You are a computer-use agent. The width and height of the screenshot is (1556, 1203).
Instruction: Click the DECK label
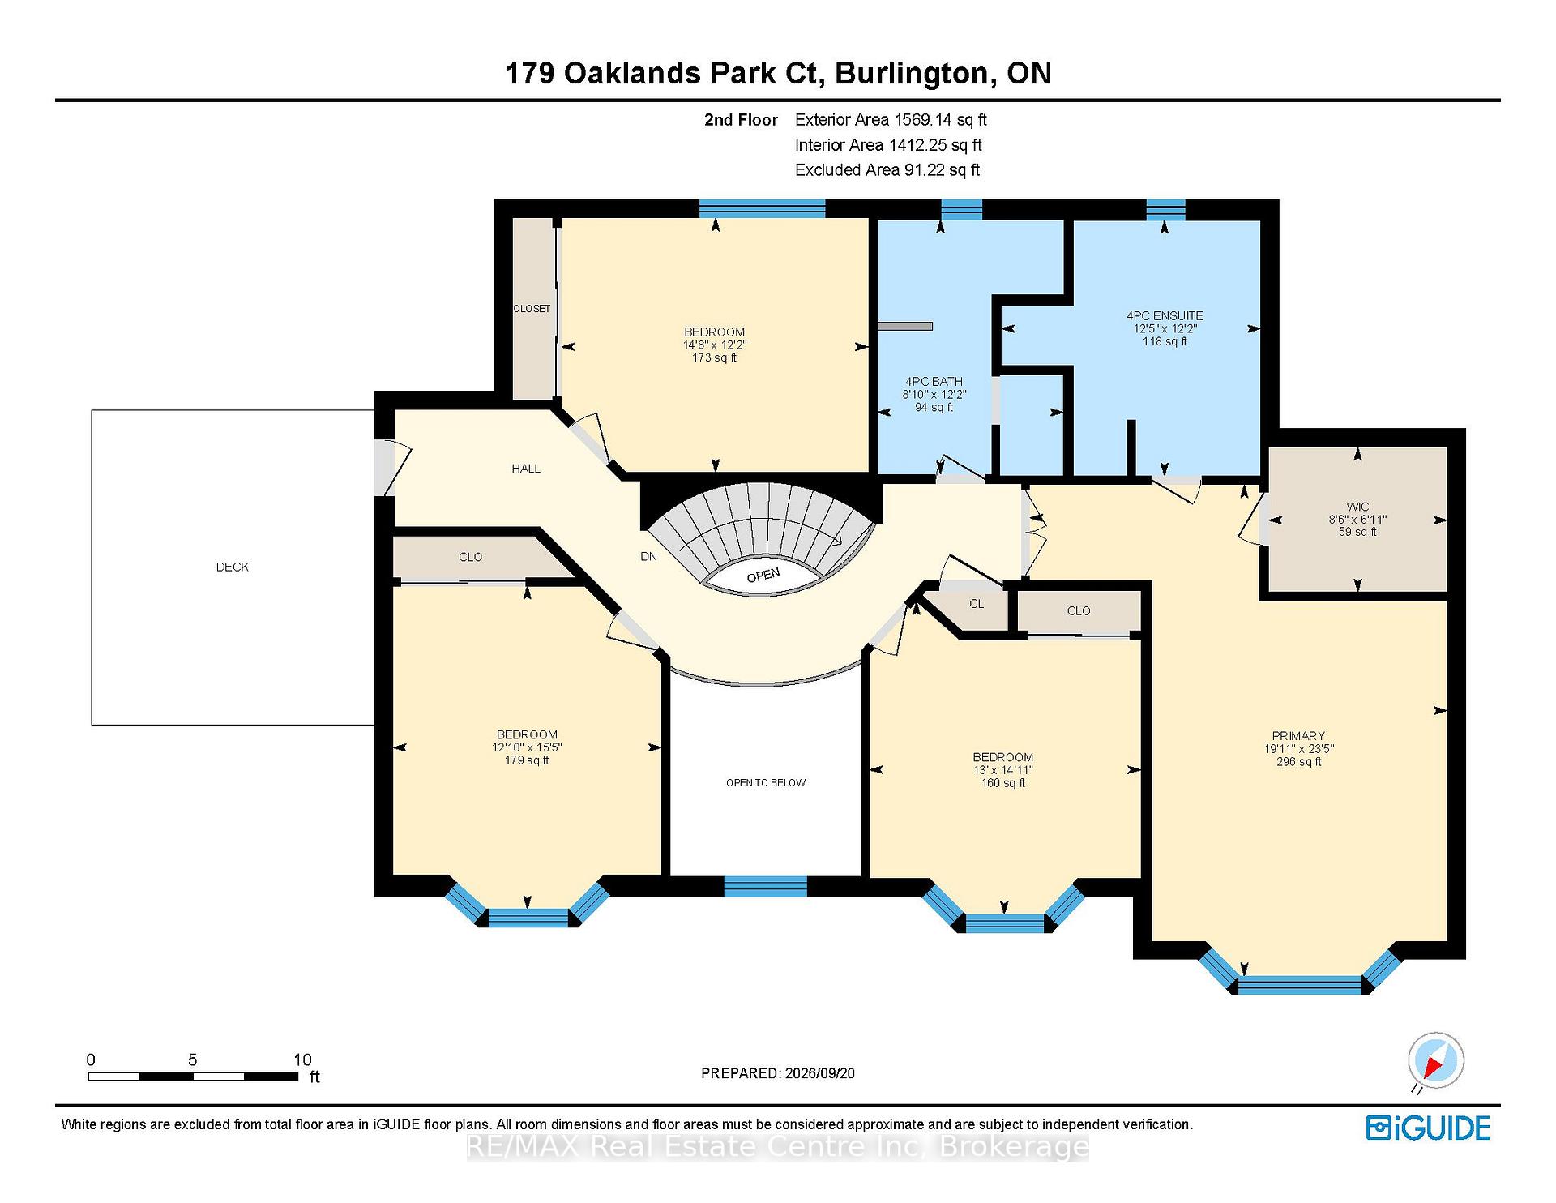(232, 567)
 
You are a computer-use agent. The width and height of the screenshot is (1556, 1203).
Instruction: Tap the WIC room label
(1357, 507)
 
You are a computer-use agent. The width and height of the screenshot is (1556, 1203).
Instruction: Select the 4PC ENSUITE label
(1165, 315)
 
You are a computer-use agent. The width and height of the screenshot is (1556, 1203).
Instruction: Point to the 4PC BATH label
(934, 381)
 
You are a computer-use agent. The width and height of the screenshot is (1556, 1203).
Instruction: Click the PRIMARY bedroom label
(1298, 736)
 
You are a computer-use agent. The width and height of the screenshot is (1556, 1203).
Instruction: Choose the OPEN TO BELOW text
(766, 782)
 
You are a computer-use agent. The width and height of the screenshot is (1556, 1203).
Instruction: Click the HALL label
(526, 469)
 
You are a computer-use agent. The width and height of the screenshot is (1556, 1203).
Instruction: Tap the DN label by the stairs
(648, 556)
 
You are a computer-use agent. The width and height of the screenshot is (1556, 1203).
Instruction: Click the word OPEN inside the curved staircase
(763, 576)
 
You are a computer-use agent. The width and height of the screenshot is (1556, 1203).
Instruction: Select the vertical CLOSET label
(532, 309)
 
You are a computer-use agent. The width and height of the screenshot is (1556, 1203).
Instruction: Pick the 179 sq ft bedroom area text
(527, 760)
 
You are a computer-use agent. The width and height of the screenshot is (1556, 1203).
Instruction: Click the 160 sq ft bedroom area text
(1003, 783)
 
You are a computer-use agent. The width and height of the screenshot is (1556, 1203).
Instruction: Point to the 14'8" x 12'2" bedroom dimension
(714, 345)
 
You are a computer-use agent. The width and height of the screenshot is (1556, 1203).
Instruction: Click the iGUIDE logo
(1428, 1128)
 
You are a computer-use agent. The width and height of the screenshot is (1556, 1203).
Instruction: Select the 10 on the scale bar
(302, 1060)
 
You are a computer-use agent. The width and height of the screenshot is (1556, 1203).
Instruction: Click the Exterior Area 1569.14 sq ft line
(891, 120)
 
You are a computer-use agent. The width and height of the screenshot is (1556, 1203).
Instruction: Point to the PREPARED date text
(777, 1073)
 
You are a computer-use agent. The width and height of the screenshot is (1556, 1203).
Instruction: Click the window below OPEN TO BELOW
(765, 887)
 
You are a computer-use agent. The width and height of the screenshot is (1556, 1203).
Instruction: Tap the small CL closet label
(977, 604)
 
